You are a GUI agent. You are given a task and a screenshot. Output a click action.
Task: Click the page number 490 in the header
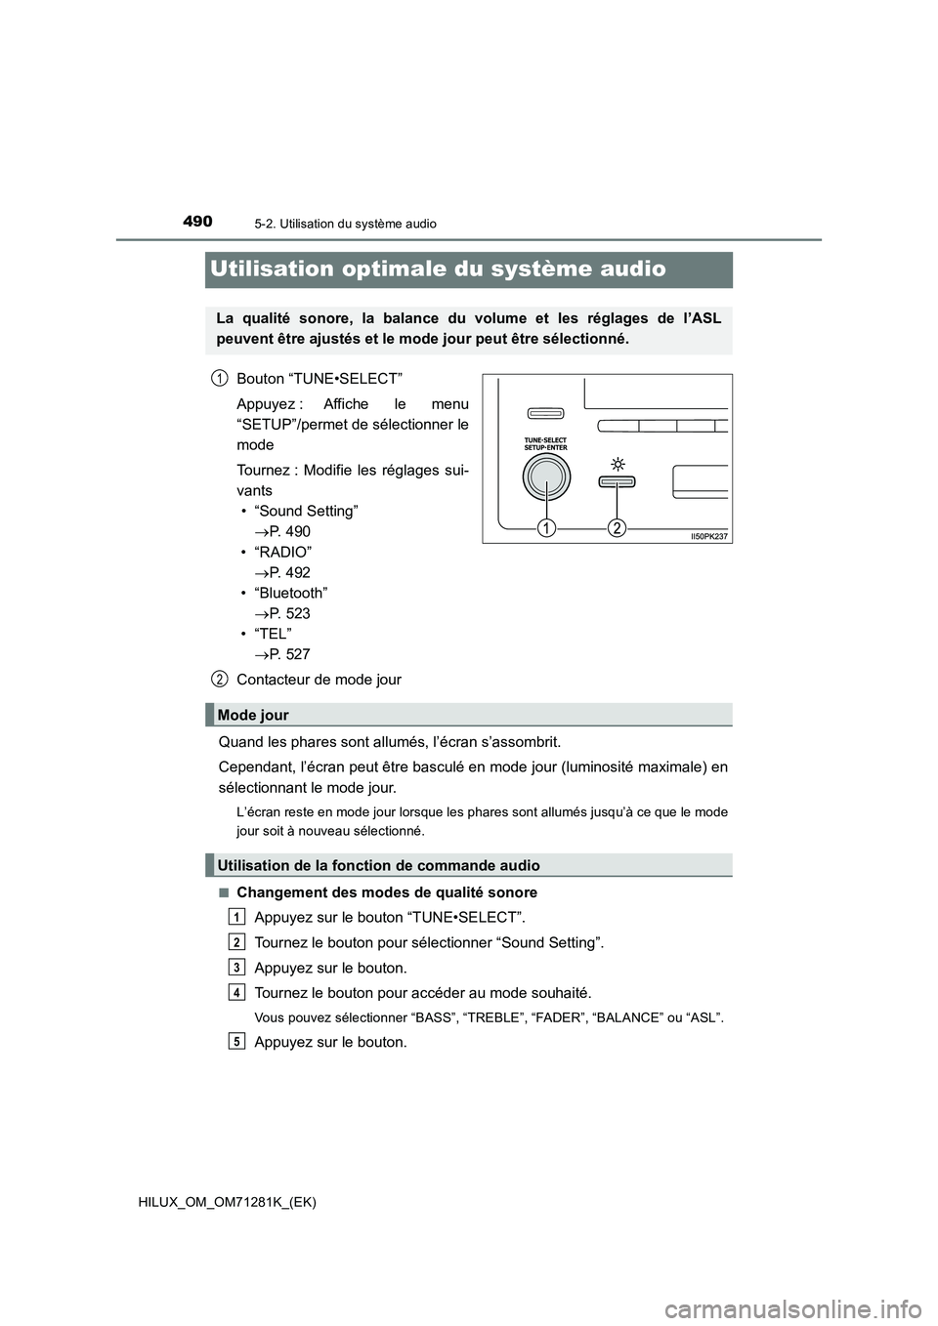coord(196,222)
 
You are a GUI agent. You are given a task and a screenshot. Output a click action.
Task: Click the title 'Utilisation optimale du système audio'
coord(438,269)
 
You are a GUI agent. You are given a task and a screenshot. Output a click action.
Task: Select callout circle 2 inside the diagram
coord(618,528)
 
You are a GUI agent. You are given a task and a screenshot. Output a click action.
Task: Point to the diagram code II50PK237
coord(708,536)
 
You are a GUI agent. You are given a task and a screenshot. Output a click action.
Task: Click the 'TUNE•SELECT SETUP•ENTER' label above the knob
coord(545,443)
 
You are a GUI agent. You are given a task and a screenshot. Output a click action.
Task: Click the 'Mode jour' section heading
coord(253,715)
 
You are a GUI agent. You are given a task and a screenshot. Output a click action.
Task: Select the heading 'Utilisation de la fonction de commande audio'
coord(378,865)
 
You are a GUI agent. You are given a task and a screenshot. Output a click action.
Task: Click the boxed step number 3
coord(237,967)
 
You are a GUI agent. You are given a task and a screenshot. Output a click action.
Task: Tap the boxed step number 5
coord(237,1041)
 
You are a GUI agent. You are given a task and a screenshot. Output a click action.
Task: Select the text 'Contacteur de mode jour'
coord(319,680)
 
